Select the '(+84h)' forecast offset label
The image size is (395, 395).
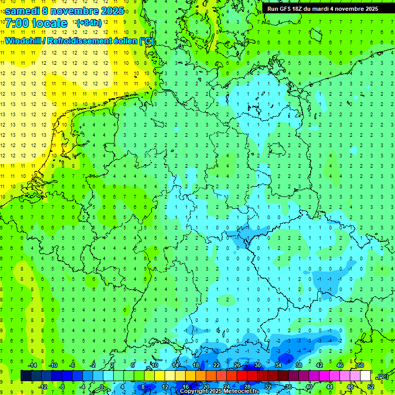coord(89,23)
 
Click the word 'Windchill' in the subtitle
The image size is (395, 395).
coord(24,41)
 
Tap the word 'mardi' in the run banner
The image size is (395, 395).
coord(322,8)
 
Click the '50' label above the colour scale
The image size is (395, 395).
coord(361,365)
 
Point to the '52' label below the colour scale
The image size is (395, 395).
coord(371,387)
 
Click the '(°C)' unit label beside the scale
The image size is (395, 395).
coord(383,376)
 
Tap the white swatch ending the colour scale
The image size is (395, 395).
coord(366,376)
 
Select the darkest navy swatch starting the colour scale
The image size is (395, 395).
coord(26,376)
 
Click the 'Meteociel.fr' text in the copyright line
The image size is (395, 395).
coord(240,391)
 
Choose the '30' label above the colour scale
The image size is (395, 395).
coord(258,365)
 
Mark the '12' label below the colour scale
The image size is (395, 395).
coord(165,387)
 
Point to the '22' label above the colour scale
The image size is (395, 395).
coord(217,365)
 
